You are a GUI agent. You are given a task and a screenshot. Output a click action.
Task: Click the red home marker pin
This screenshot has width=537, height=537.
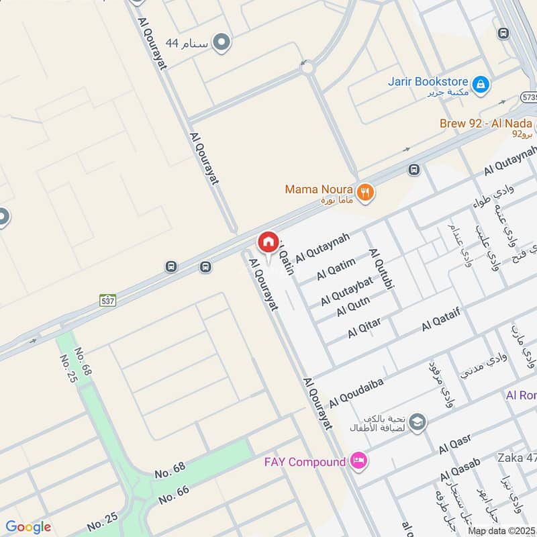268,242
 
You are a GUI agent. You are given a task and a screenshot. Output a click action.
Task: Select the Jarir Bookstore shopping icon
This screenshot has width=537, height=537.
481,85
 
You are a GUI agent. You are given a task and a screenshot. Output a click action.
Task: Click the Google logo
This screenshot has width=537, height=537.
28,527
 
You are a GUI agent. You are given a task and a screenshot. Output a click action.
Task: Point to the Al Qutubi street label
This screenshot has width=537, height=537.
379,269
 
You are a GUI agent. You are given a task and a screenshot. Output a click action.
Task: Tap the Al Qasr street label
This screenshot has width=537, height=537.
455,443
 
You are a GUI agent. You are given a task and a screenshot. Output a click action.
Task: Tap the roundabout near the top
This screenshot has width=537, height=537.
307,66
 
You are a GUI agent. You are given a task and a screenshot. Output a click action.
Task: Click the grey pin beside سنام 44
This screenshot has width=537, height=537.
222,44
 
